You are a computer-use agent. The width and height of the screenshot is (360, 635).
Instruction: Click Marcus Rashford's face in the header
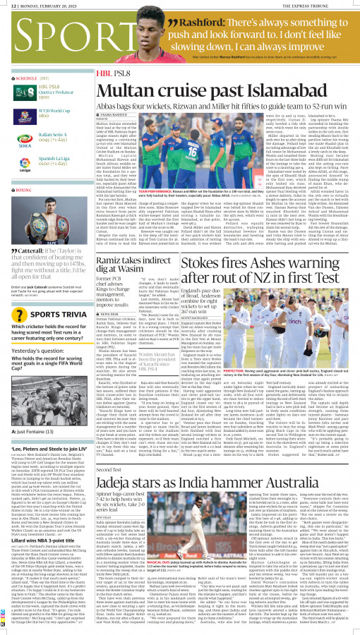pyautogui.click(x=151, y=23)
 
